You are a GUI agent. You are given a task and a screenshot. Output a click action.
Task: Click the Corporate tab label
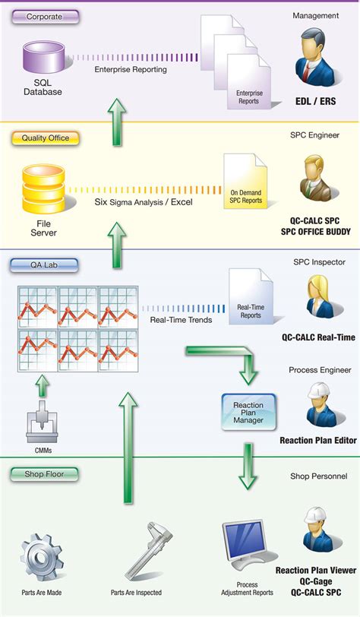coord(44,16)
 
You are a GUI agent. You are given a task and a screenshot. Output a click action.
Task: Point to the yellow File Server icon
coord(42,189)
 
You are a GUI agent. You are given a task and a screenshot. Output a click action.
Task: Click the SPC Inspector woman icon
coord(317,297)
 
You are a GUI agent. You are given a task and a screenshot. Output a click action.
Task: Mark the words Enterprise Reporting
coord(131,70)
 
